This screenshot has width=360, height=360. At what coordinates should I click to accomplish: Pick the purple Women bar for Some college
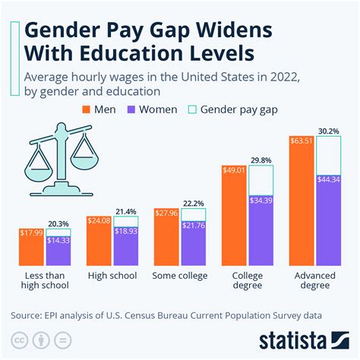pyautogui.click(x=192, y=242)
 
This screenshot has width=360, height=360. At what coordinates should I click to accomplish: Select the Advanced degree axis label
pyautogui.click(x=315, y=279)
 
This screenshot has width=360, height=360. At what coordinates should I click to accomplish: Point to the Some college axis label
pyautogui.click(x=179, y=274)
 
